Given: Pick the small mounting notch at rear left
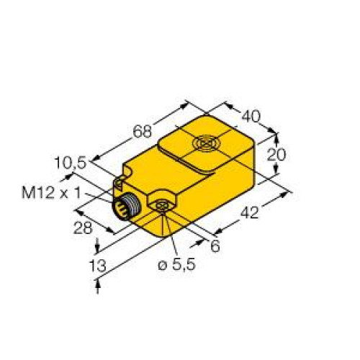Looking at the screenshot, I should [121, 177].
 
